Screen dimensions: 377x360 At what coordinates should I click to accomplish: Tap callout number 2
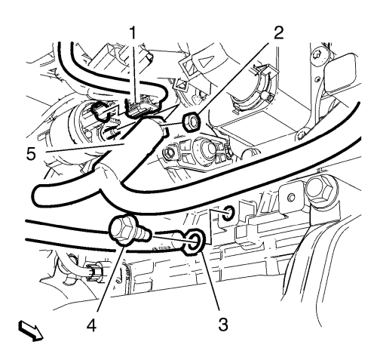pos(278,32)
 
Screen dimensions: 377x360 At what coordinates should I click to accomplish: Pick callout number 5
pos(31,153)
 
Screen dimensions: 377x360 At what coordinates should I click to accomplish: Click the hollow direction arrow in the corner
pos(31,331)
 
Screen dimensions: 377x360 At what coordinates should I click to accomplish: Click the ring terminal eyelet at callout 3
pos(195,241)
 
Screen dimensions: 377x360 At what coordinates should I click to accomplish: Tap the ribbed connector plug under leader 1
pos(141,106)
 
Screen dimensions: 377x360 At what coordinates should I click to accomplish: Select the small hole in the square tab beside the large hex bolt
pos(292,197)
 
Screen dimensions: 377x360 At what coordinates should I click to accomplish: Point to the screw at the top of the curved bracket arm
pos(318,55)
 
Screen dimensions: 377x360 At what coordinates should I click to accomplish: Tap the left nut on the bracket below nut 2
pos(169,152)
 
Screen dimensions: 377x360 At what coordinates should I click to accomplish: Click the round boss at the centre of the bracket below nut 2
pos(204,151)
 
